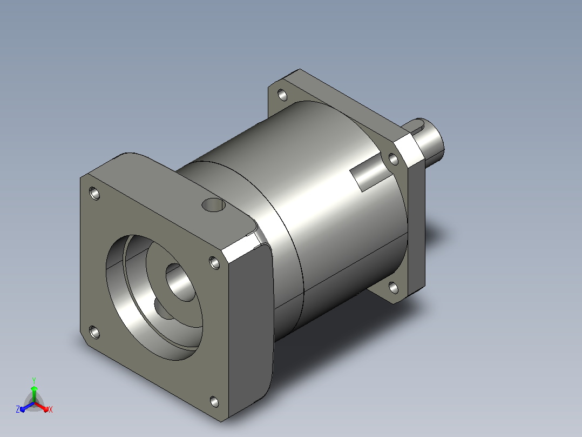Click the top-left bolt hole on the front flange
[x=94, y=194]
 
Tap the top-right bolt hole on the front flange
[x=214, y=262]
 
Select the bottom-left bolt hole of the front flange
[x=94, y=332]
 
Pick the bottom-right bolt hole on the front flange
[x=214, y=402]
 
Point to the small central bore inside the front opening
[x=180, y=282]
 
